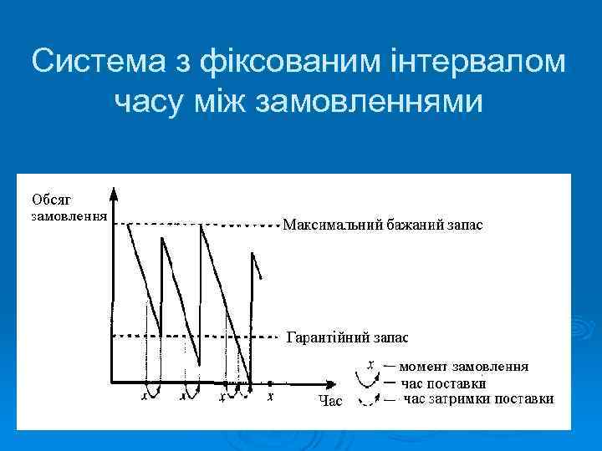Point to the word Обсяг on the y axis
click(52, 199)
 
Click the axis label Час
click(330, 402)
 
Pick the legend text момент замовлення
click(463, 367)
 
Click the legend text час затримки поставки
click(478, 399)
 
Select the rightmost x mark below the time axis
click(270, 397)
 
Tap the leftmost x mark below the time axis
click(144, 398)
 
